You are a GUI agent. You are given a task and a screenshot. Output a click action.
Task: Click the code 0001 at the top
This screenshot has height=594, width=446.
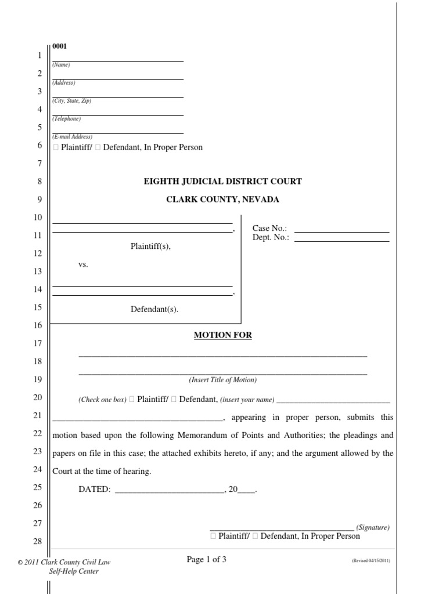pos(59,46)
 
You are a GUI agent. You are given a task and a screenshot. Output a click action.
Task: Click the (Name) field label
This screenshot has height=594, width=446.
pos(61,65)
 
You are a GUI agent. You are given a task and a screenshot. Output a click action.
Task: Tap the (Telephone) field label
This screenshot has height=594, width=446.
pos(67,119)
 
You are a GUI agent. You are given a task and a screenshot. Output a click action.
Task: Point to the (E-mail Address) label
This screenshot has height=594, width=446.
pos(73,137)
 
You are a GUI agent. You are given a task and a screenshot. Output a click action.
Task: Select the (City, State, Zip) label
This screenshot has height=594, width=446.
pos(72,101)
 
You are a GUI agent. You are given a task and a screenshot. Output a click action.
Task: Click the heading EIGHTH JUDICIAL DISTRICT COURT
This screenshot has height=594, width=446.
pos(223,182)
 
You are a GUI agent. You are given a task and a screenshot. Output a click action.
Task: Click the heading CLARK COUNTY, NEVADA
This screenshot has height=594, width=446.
pos(223,200)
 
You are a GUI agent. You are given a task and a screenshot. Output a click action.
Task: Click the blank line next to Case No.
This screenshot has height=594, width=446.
pos(341,229)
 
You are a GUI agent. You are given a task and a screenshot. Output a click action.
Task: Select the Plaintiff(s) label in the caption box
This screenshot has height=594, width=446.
pos(151,247)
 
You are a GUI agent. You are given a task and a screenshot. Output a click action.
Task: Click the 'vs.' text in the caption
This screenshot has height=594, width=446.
pos(83,265)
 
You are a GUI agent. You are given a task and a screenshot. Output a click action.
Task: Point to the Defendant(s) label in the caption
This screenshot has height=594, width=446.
pos(154,309)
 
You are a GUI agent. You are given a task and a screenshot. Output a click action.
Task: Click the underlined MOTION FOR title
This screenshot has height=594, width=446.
pos(223,335)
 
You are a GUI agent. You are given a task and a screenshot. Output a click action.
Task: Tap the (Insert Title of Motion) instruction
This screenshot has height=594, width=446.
pos(222,381)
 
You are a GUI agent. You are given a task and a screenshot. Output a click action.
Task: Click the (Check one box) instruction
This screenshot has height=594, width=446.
pos(103,400)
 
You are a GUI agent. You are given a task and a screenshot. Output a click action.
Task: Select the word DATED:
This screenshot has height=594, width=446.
pos(95,490)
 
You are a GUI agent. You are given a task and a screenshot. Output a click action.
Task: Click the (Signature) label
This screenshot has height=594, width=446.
pos(373,528)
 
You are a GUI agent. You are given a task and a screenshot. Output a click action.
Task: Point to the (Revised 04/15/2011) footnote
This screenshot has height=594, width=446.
pos(371,562)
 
